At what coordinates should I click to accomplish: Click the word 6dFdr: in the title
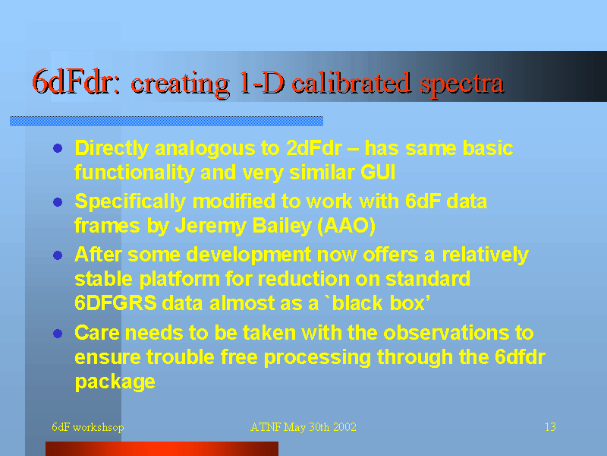point(77,82)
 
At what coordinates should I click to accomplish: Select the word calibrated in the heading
point(351,82)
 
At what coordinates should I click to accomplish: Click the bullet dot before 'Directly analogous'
point(58,148)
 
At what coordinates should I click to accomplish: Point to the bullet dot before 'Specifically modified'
point(58,201)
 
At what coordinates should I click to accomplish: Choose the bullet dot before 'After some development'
point(58,255)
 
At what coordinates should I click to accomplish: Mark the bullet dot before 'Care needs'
point(58,334)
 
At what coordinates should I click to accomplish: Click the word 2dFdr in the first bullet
point(314,148)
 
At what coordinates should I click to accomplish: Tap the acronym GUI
point(378,173)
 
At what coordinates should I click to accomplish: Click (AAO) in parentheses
point(347,226)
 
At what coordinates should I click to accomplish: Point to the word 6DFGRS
point(116,302)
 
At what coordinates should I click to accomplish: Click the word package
point(115,382)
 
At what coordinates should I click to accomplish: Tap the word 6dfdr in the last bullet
point(520,357)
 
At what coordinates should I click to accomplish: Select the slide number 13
point(551,427)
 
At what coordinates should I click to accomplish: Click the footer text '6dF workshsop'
point(88,427)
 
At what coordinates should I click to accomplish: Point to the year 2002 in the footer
point(344,427)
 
